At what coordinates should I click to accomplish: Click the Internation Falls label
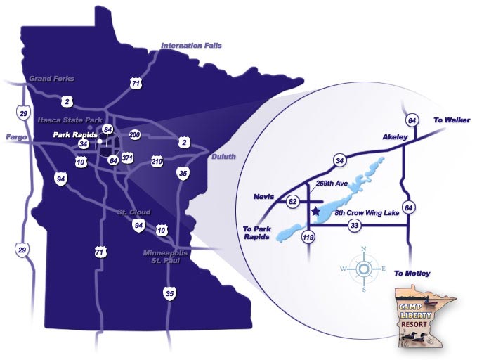(x=191, y=46)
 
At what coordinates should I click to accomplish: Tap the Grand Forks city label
(x=51, y=79)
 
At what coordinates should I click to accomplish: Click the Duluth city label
(x=223, y=157)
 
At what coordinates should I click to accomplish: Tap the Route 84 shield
(x=107, y=130)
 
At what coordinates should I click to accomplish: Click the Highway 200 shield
(x=136, y=134)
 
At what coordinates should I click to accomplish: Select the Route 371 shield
(x=127, y=157)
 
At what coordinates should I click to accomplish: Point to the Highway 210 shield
(x=156, y=162)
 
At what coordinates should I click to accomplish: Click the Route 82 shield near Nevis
(x=292, y=202)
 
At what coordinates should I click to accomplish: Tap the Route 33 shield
(x=354, y=226)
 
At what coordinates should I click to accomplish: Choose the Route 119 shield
(x=308, y=237)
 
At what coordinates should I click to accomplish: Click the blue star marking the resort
(x=315, y=210)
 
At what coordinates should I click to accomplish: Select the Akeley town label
(x=395, y=136)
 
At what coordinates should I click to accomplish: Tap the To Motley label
(x=412, y=273)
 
